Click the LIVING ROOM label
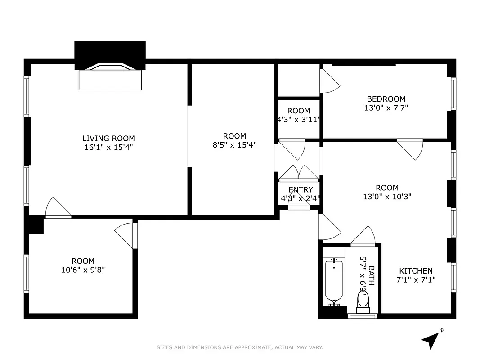pos(108,139)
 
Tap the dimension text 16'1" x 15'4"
pos(108,147)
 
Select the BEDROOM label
pos(386,99)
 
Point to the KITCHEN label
pos(416,271)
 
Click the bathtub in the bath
pos(334,283)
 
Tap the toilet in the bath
pos(363,301)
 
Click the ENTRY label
pos(300,190)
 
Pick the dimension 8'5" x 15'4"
pos(234,145)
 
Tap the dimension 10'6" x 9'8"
pos(83,270)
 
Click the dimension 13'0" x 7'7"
pos(386,108)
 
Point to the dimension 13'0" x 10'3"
pos(387,197)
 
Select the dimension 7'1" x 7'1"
pos(416,279)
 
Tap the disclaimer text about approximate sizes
pos(240,347)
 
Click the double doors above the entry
pos(299,173)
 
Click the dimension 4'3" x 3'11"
pos(299,120)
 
